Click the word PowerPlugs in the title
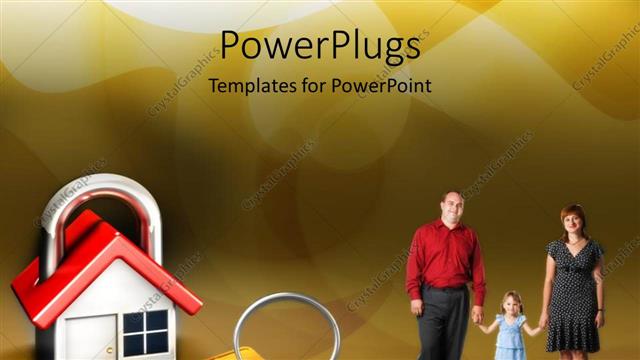pyautogui.click(x=320, y=46)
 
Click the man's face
pyautogui.click(x=453, y=209)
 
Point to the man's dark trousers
pyautogui.click(x=444, y=325)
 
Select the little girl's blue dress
pyautogui.click(x=511, y=334)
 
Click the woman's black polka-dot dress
pyautogui.click(x=573, y=290)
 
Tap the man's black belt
pyautogui.click(x=446, y=288)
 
